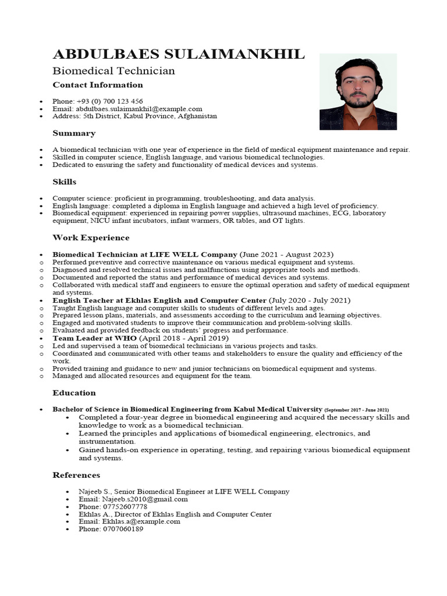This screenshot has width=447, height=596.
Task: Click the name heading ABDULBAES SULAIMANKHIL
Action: pos(178,55)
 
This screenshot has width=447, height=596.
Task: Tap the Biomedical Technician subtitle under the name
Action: pos(113,71)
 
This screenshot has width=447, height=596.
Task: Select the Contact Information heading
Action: pos(98,85)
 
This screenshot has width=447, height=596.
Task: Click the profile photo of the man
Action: pos(358,92)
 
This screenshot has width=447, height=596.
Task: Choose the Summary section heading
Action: pos(74,133)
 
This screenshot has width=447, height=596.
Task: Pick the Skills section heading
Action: pos(65,182)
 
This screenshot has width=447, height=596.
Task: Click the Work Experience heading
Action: pos(91,237)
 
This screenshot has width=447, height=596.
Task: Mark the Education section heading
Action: pos(74,393)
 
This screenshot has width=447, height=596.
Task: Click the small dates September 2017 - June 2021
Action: pos(357,410)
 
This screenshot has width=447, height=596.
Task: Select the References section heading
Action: pos(76,475)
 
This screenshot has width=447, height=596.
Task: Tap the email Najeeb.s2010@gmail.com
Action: pos(144,499)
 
